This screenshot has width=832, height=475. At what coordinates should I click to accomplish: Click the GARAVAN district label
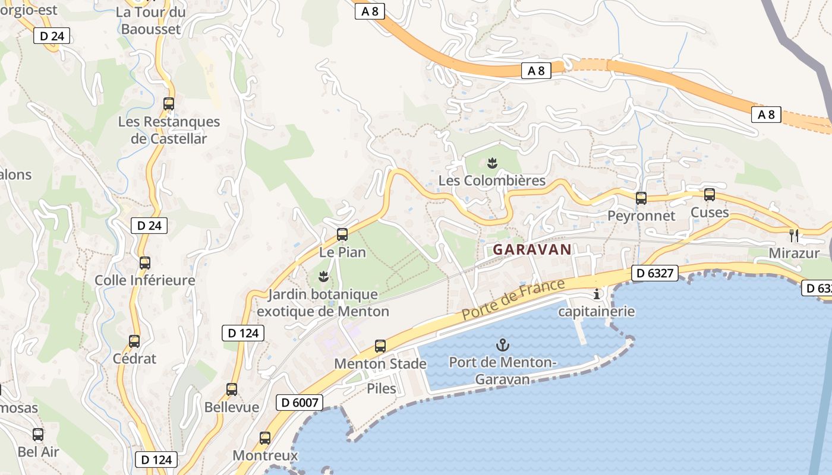pos(532,249)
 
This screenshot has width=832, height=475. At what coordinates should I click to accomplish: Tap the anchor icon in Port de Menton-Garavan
pos(503,344)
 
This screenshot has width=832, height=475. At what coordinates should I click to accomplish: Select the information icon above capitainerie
pos(597,294)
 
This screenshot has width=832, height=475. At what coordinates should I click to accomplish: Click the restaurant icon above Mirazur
pos(793,235)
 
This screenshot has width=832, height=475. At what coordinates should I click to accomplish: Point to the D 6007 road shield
pos(300,403)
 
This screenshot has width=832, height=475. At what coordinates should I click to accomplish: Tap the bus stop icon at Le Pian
pos(342,235)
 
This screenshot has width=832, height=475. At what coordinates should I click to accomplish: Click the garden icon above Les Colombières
pos(491,163)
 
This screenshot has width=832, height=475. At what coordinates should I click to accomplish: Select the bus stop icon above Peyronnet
pos(641,198)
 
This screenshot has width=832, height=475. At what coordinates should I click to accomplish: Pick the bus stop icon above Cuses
pos(709,195)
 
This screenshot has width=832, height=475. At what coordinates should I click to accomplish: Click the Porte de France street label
pos(513,300)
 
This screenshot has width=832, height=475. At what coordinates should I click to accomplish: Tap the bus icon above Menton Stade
pos(380,346)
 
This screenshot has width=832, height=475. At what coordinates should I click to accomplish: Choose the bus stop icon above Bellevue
pos(232,389)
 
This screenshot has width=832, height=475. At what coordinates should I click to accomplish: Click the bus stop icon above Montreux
pos(265,438)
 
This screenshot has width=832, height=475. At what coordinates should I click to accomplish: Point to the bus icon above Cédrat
pos(134,341)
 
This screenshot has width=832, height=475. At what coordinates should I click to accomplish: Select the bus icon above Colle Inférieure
pos(145,263)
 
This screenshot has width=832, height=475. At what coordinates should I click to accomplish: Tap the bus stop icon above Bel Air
pos(38,435)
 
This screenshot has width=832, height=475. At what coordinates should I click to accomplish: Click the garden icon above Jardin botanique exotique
pos(323,276)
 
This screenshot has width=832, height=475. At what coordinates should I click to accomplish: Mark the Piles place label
pos(382,388)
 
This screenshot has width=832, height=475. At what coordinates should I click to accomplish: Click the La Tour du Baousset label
pos(150,20)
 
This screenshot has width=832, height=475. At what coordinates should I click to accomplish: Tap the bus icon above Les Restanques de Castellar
pos(169,104)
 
